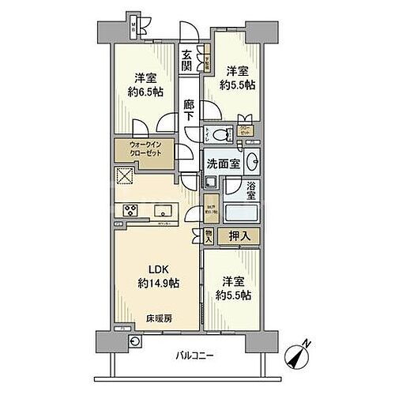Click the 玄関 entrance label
pyautogui.click(x=186, y=61)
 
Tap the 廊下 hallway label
pyautogui.click(x=189, y=110)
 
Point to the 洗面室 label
pyautogui.click(x=222, y=164)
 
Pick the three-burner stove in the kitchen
pyautogui.click(x=130, y=209)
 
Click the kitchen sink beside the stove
pyautogui.click(x=164, y=210)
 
